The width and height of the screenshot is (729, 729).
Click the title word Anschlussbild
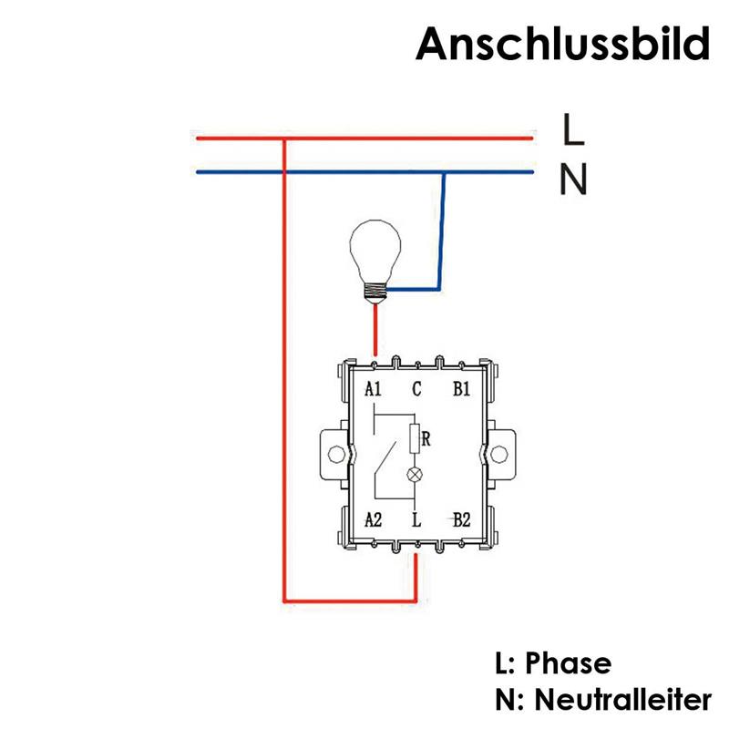coord(563,44)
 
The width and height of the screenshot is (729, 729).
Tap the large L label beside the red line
coord(573,128)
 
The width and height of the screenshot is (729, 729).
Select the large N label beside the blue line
coord(574,179)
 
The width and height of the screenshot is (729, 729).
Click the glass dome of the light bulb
coord(375,252)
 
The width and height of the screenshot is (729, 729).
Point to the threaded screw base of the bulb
coord(375,292)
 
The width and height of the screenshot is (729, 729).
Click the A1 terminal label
coord(373,389)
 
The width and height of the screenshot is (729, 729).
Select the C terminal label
coord(416,389)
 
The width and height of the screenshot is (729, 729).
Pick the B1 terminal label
coord(462,389)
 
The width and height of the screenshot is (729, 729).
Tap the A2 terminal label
coord(373,519)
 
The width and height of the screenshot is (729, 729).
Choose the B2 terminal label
coord(462,519)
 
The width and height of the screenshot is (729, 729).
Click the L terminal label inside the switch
coord(416,519)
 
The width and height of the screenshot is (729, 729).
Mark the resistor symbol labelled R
coord(415,439)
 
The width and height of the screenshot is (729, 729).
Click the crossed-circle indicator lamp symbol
coord(415,475)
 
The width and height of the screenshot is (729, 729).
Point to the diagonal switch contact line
coord(385,457)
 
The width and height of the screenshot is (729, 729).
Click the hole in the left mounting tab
coord(336,454)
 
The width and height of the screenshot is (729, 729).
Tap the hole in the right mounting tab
coord(498,454)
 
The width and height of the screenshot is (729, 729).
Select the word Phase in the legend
coord(568,663)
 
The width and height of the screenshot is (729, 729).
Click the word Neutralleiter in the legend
coord(623,699)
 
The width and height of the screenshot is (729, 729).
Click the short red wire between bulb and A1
coord(375,329)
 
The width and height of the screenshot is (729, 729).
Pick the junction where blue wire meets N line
coord(444,172)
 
